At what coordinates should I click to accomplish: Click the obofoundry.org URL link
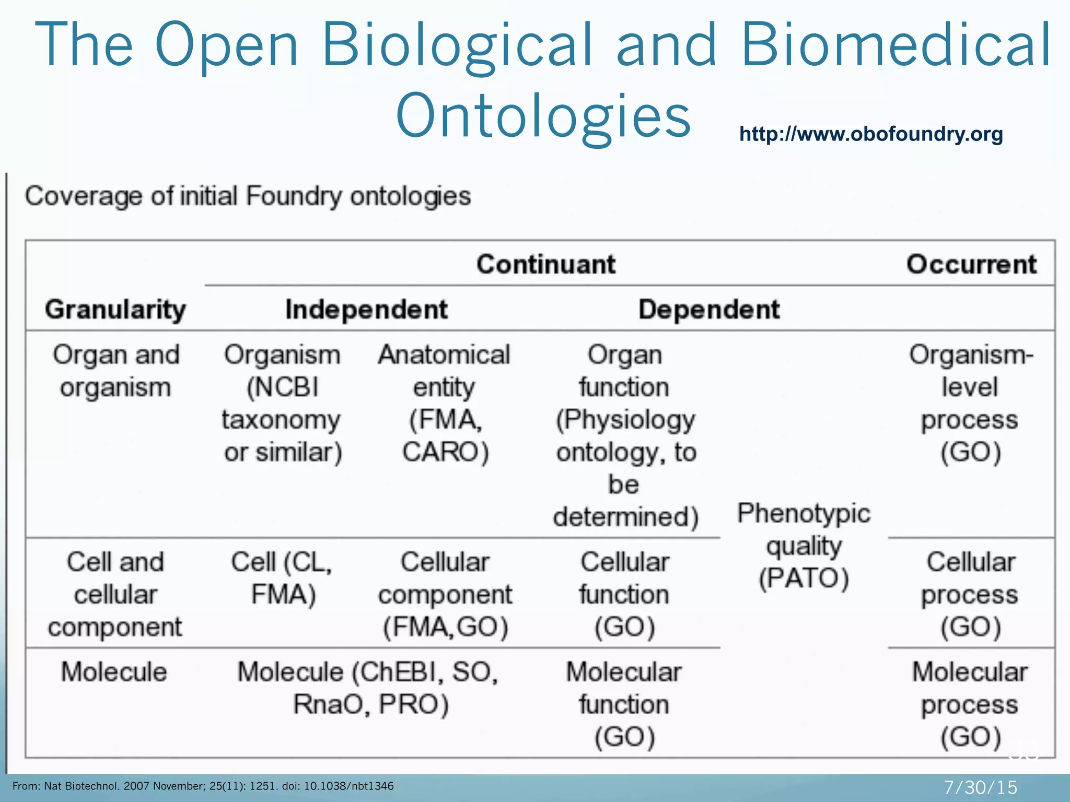coord(871,134)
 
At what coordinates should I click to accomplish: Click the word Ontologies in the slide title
coord(543,116)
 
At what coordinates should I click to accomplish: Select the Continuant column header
coord(546,264)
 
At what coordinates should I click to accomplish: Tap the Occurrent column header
coord(971,264)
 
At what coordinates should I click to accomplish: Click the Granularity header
coord(115,309)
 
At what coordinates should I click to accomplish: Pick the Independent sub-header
coord(366,309)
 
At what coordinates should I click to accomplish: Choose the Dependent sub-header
coord(709,309)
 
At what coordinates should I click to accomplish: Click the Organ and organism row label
coord(115,371)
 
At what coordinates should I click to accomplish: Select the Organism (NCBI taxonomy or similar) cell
coord(282,403)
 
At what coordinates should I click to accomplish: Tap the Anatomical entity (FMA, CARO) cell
coord(445,403)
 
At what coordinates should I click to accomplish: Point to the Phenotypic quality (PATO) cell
coord(804,546)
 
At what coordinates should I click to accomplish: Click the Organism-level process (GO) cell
coord(971,403)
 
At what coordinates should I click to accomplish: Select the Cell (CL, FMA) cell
coord(282,578)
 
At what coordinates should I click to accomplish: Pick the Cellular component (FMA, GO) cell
coord(445,594)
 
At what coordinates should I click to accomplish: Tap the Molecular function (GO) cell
coord(624,704)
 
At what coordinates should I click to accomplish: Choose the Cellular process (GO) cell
coord(971,594)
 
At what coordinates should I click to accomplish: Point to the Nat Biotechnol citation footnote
coord(203,786)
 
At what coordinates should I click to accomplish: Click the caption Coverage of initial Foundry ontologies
coord(248,196)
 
